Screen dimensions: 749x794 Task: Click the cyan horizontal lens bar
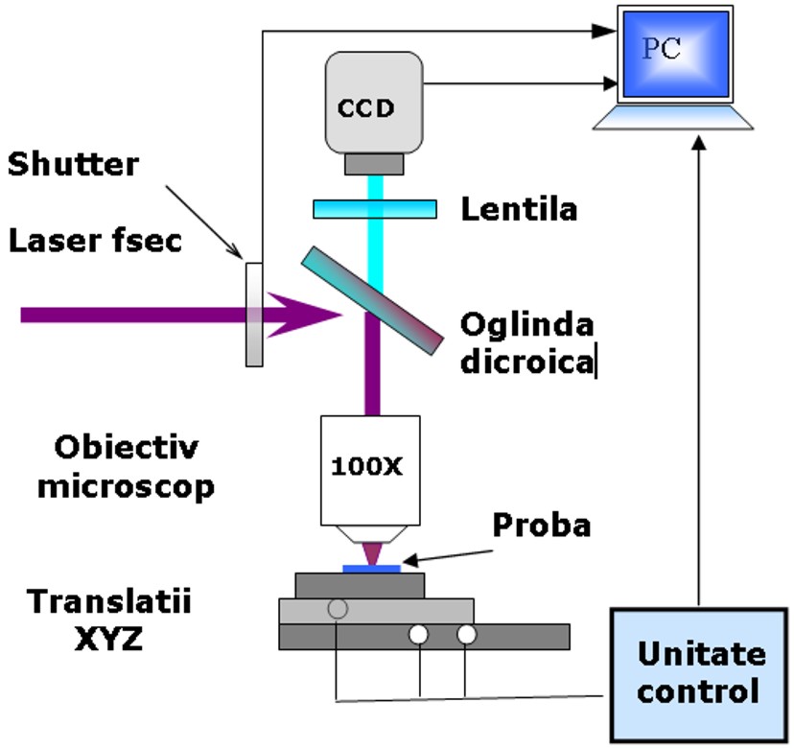pos(374,208)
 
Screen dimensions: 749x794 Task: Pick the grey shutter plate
pos(254,314)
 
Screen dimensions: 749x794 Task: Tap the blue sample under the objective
pos(372,569)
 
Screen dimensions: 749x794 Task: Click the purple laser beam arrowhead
pos(302,314)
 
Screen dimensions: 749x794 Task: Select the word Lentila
pos(519,208)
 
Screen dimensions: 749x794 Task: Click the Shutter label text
pos(73,164)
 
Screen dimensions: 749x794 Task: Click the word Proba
pos(541,525)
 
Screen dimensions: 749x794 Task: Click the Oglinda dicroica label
pos(526,342)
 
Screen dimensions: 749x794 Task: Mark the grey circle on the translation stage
pos(338,608)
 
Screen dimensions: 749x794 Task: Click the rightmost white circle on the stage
pos(466,634)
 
